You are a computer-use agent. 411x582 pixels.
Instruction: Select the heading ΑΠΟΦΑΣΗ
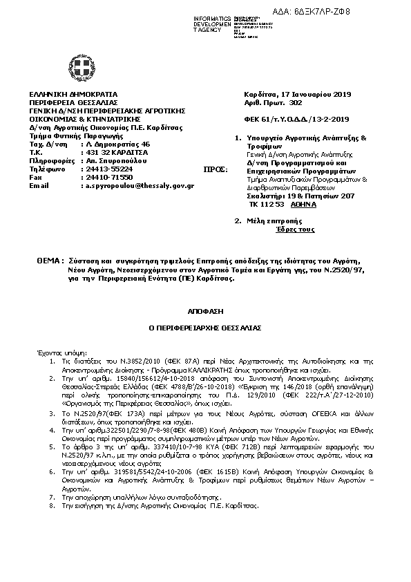[x=205, y=311]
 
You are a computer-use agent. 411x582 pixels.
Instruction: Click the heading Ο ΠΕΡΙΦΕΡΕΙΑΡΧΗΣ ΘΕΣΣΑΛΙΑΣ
[x=205, y=328]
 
